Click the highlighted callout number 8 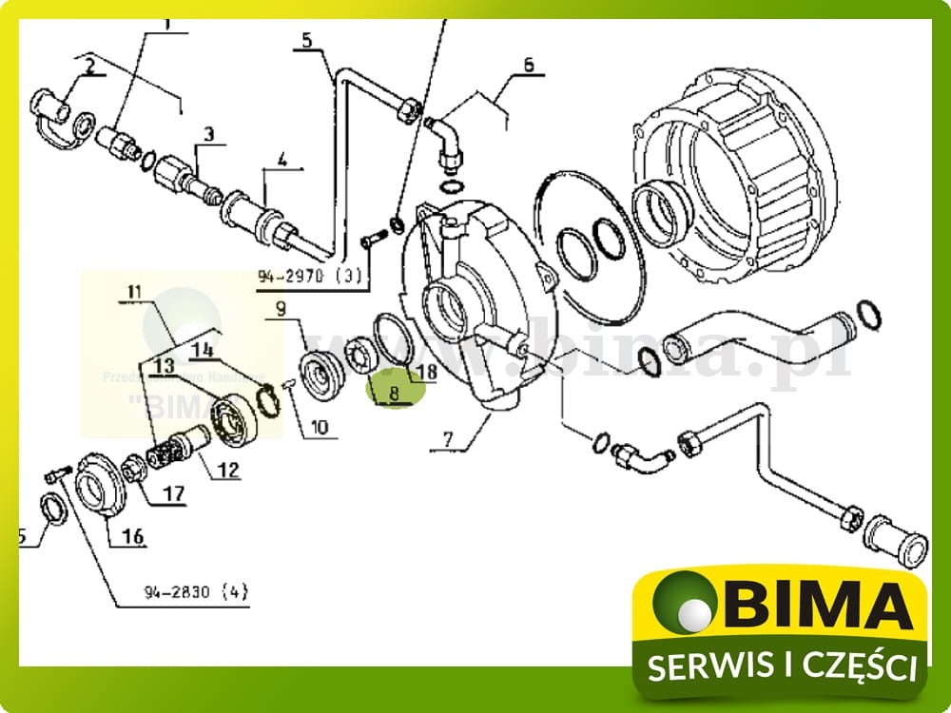[x=393, y=389]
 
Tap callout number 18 [x=425, y=372]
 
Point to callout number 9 [x=281, y=308]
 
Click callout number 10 [x=318, y=428]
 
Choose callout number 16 [x=132, y=537]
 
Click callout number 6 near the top [x=529, y=66]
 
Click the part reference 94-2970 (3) [x=310, y=277]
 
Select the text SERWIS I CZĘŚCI [x=782, y=666]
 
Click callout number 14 [x=204, y=350]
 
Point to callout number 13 [x=163, y=365]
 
